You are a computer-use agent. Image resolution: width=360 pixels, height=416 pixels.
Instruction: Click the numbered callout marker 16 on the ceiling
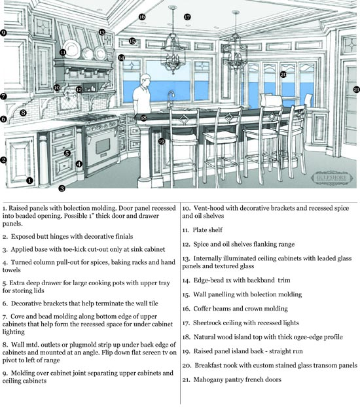142,17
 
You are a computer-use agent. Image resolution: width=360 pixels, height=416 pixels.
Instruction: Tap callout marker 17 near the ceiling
187,17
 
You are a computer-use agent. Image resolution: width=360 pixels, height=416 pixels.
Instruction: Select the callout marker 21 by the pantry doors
357,90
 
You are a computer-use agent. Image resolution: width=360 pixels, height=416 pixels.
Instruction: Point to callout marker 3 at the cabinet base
62,188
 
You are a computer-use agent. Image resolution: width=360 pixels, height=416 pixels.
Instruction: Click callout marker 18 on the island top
143,118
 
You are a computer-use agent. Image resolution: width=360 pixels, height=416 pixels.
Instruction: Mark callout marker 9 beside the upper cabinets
3,33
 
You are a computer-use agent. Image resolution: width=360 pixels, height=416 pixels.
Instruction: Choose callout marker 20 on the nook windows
283,75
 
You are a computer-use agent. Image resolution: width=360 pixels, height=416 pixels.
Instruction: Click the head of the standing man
145,79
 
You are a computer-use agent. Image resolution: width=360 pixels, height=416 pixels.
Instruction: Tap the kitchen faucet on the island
170,99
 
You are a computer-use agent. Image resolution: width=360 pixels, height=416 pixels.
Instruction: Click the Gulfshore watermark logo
332,178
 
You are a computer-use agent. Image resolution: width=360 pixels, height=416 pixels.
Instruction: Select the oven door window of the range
103,146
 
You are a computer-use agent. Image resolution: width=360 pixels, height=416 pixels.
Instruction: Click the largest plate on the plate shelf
72,48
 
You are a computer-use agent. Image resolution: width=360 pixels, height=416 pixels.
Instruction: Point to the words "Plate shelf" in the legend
207,230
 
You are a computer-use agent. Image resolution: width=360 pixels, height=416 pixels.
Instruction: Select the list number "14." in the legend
186,281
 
